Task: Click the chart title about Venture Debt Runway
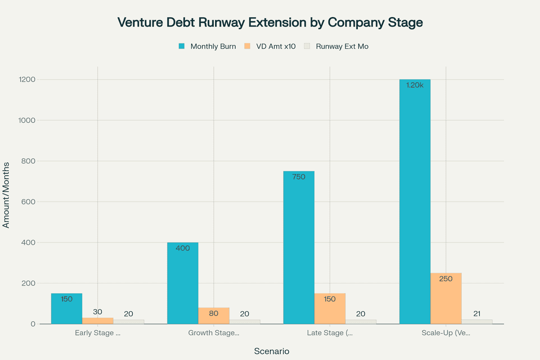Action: pyautogui.click(x=270, y=23)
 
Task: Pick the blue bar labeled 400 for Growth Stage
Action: pyautogui.click(x=183, y=283)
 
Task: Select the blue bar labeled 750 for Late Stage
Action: pyautogui.click(x=299, y=247)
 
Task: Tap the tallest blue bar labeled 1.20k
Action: pyautogui.click(x=415, y=202)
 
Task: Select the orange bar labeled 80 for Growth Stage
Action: pyautogui.click(x=214, y=316)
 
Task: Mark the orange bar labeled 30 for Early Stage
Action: pyautogui.click(x=98, y=321)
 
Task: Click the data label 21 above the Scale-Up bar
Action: pyautogui.click(x=477, y=314)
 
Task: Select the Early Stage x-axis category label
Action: pyautogui.click(x=98, y=333)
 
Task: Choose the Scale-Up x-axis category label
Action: pyautogui.click(x=446, y=333)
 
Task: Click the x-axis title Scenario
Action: pyautogui.click(x=271, y=351)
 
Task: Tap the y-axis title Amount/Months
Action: pyautogui.click(x=6, y=195)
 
